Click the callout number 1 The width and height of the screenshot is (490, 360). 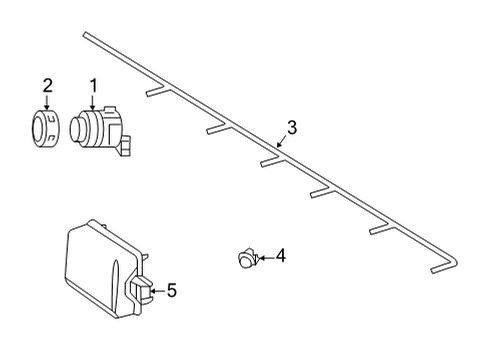[x=94, y=86]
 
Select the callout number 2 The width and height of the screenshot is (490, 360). [x=48, y=86]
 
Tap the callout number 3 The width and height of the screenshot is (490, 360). [x=292, y=128]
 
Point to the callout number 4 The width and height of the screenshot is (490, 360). [x=281, y=256]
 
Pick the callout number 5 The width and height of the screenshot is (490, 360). [x=171, y=290]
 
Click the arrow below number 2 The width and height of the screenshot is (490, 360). [x=47, y=102]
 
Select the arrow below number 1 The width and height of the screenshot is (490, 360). [x=93, y=102]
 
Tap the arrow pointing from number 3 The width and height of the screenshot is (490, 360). [x=282, y=141]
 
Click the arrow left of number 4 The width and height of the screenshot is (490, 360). [x=266, y=258]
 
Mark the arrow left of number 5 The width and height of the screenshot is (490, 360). [x=157, y=291]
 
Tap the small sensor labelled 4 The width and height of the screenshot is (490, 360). [x=248, y=258]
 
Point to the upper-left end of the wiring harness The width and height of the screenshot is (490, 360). [x=85, y=34]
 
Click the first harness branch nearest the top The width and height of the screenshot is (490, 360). [x=158, y=90]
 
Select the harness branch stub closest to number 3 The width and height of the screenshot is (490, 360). [x=273, y=161]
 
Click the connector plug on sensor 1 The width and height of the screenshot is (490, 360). [x=125, y=145]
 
